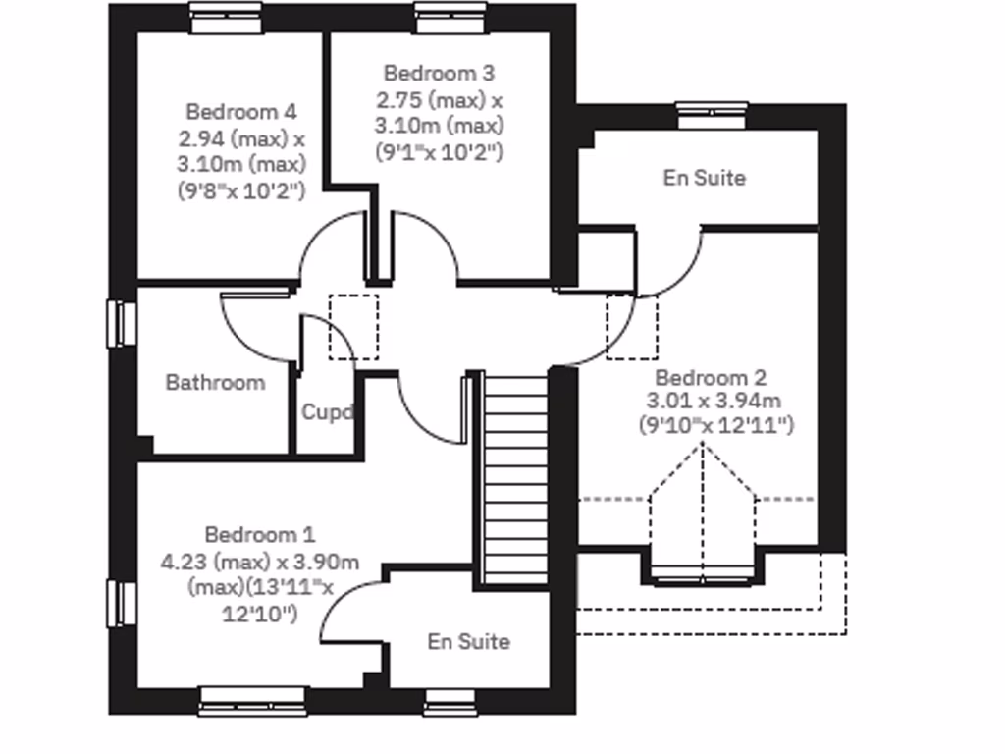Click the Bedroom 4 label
click(240, 111)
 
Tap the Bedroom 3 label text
click(439, 73)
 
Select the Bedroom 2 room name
click(711, 377)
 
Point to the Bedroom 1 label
click(260, 534)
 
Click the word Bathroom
click(215, 382)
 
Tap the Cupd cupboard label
click(326, 412)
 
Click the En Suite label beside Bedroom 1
click(468, 641)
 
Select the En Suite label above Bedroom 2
click(704, 178)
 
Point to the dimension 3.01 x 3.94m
click(713, 401)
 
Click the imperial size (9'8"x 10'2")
click(241, 189)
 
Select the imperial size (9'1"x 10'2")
click(439, 151)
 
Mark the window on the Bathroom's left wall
click(122, 323)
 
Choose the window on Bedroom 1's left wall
click(122, 603)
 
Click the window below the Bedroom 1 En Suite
click(450, 701)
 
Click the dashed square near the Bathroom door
click(352, 327)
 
